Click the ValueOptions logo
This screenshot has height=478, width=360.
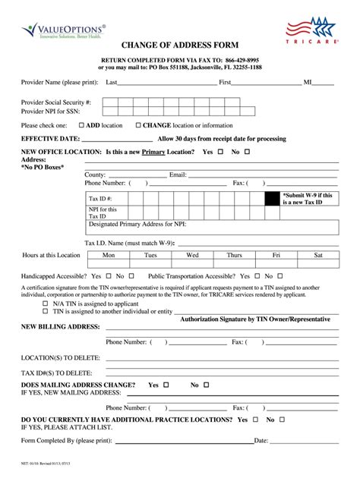click(x=64, y=30)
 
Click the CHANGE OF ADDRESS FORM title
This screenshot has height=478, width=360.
click(x=180, y=46)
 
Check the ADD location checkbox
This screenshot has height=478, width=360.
click(x=81, y=125)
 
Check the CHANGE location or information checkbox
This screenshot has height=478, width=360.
click(x=138, y=125)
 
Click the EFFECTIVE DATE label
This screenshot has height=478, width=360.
click(x=50, y=139)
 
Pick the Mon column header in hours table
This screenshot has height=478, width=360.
click(x=109, y=255)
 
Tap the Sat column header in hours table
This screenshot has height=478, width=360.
click(x=318, y=255)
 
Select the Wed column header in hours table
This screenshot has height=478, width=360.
click(x=193, y=255)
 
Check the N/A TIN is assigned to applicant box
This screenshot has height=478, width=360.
click(x=46, y=303)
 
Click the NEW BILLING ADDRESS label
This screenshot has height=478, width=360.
click(x=61, y=326)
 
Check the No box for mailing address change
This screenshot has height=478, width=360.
click(x=207, y=385)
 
